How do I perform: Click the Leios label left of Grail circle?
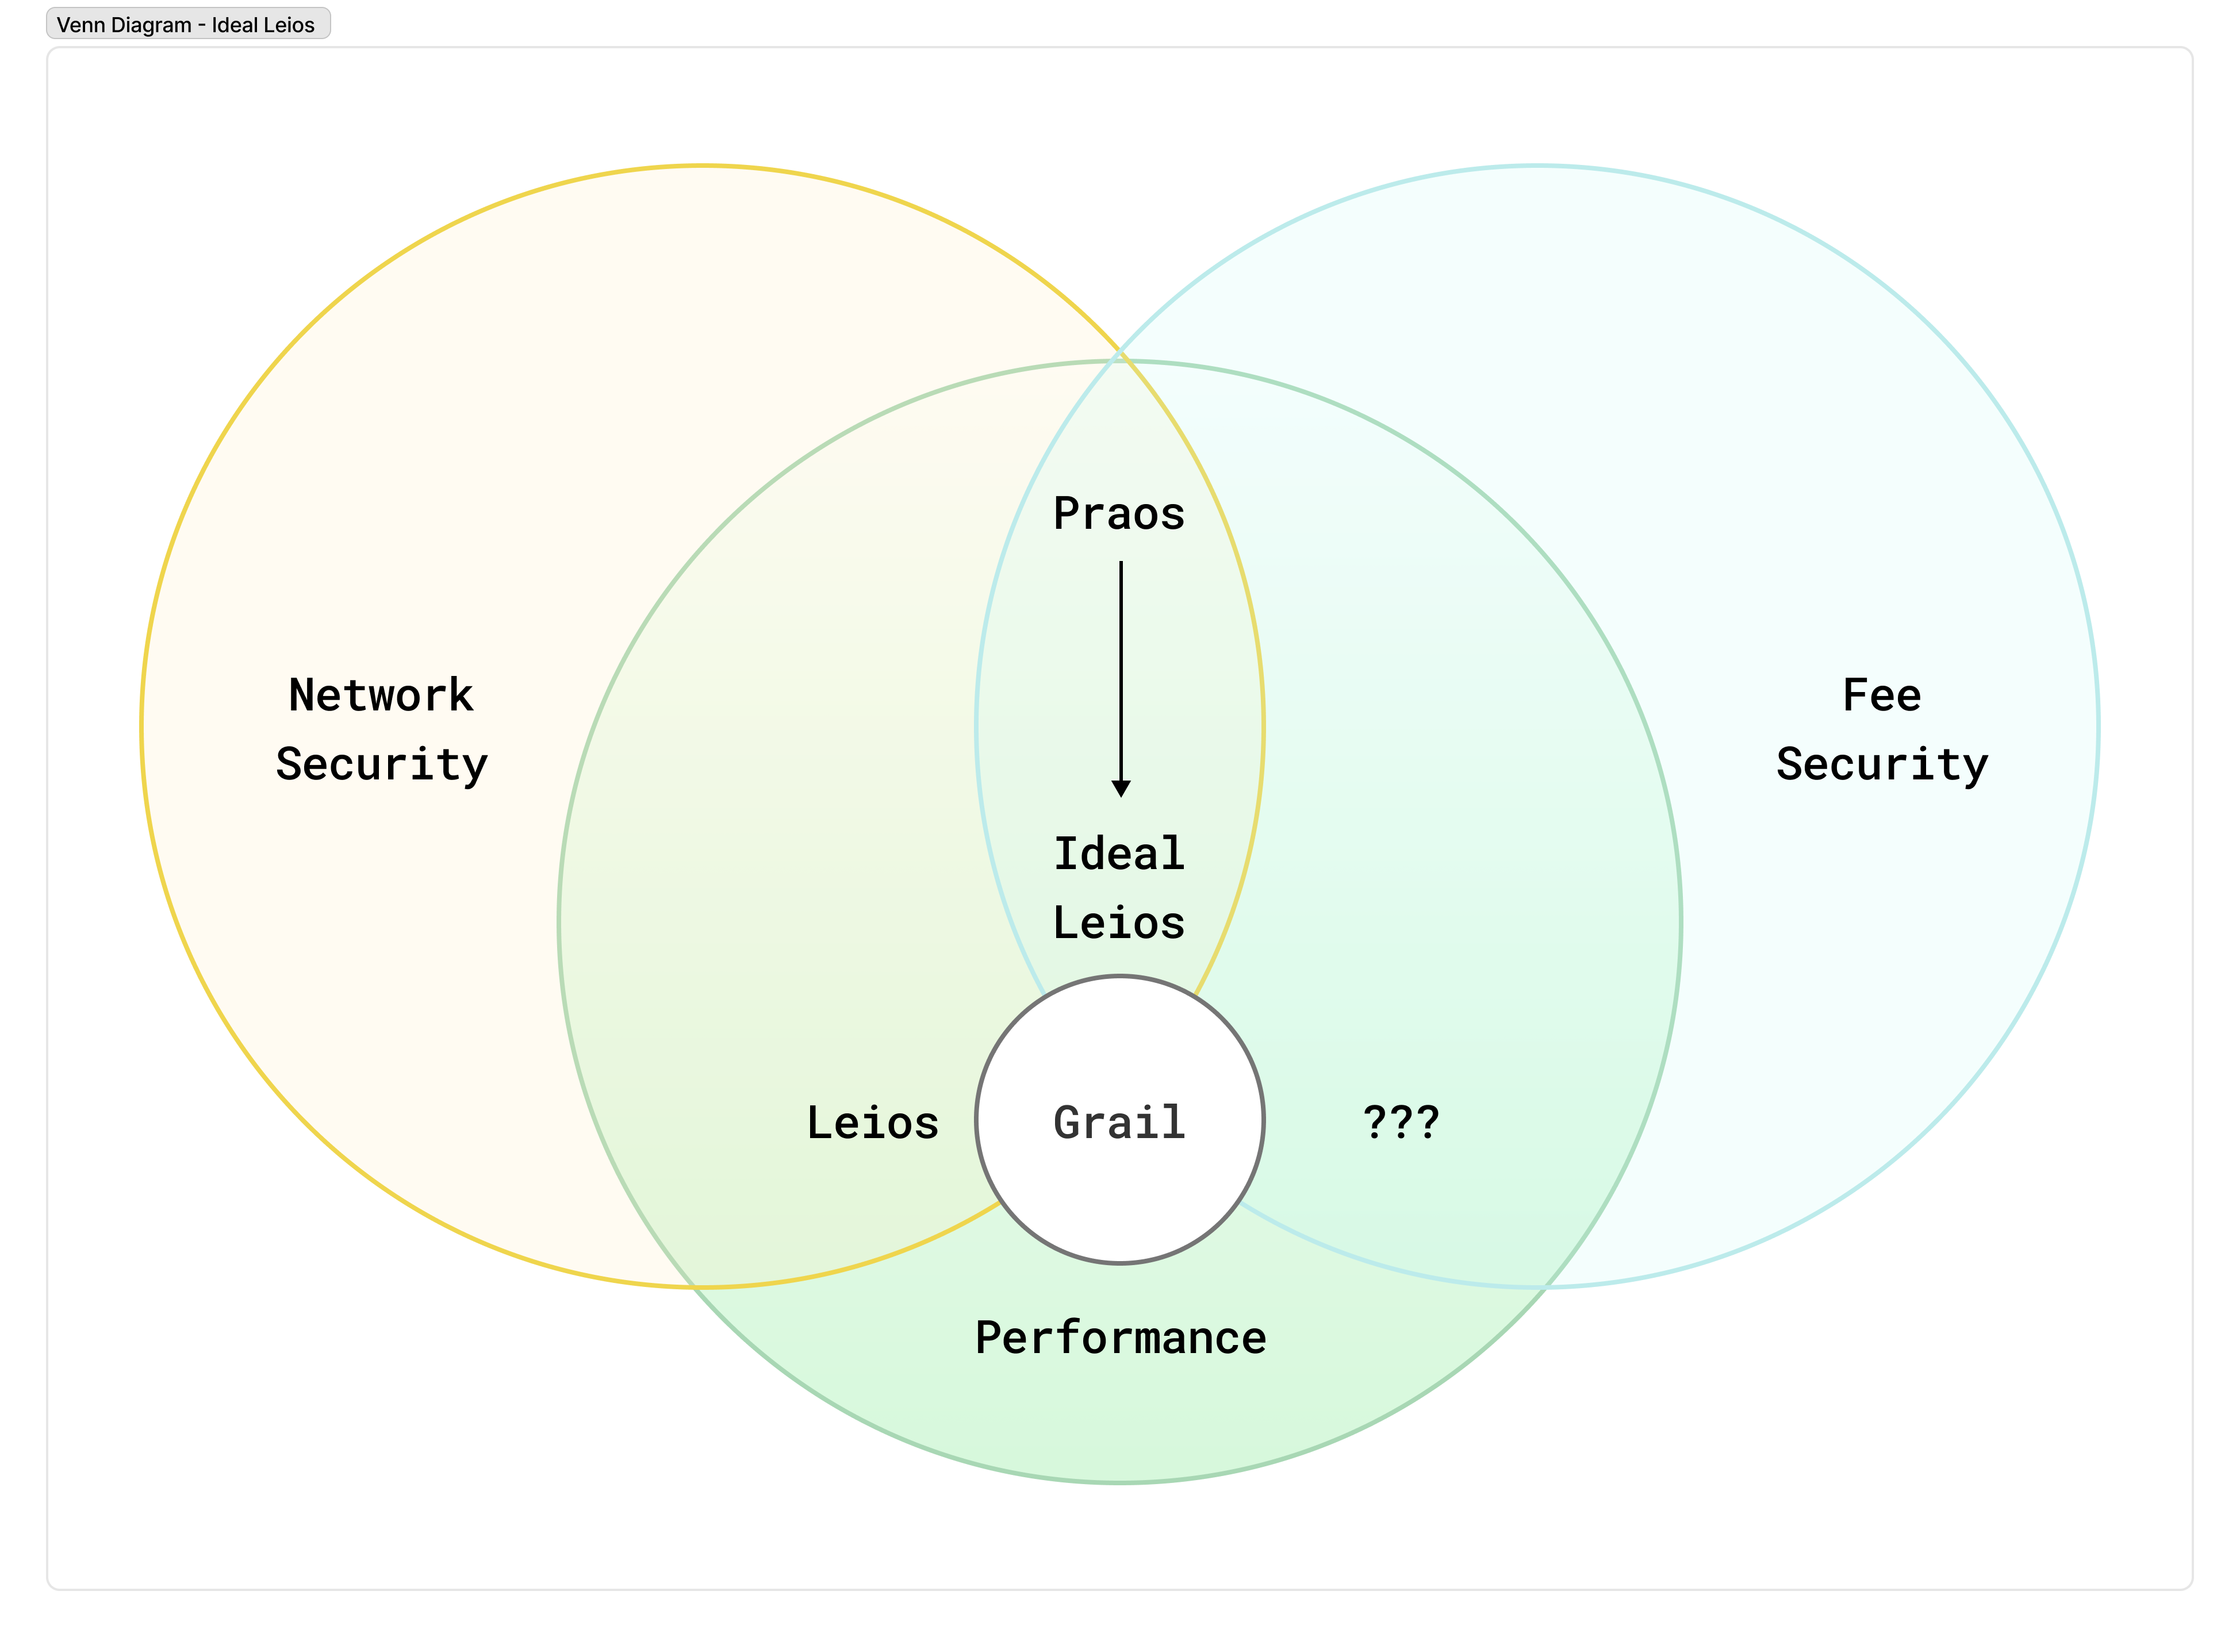(872, 1123)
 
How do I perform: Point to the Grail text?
(1119, 1123)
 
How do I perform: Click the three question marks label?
(1401, 1123)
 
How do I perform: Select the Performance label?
(1120, 1338)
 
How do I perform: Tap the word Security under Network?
(382, 764)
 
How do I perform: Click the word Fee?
(1881, 695)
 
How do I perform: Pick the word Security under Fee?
(1881, 764)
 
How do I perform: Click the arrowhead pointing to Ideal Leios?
(1121, 789)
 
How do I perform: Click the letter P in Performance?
(989, 1338)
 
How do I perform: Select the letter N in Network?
(301, 695)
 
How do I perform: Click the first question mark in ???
(1375, 1123)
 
